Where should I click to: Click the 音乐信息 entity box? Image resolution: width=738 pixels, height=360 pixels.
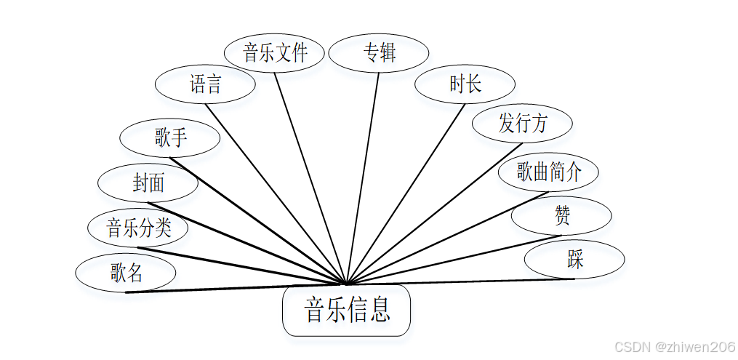click(x=346, y=311)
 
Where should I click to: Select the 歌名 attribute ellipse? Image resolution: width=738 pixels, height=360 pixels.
click(x=126, y=273)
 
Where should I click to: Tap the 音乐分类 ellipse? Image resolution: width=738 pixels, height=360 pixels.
click(x=138, y=228)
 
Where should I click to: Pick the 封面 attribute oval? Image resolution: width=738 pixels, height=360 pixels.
click(x=148, y=183)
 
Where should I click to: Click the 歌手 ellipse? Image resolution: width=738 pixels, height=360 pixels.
click(x=169, y=138)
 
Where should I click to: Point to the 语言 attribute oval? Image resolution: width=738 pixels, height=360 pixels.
click(x=205, y=84)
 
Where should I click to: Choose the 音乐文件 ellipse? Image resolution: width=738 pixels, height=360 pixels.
click(x=274, y=53)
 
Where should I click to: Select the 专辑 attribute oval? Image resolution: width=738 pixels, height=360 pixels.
click(x=378, y=53)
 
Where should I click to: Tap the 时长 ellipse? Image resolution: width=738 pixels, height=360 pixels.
click(x=465, y=84)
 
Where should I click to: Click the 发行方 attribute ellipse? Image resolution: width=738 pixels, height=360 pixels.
click(x=522, y=124)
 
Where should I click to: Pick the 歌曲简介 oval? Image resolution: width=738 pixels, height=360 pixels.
click(x=548, y=172)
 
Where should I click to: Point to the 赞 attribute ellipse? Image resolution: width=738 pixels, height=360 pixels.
click(x=561, y=216)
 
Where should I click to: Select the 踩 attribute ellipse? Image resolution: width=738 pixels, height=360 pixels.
click(x=574, y=260)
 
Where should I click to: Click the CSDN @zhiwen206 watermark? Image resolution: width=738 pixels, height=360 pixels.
click(x=674, y=346)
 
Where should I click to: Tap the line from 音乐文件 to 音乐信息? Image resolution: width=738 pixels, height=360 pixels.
click(x=311, y=178)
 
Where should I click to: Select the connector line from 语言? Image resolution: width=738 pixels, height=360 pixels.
click(x=276, y=193)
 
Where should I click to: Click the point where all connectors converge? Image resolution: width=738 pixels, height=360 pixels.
click(x=348, y=284)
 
